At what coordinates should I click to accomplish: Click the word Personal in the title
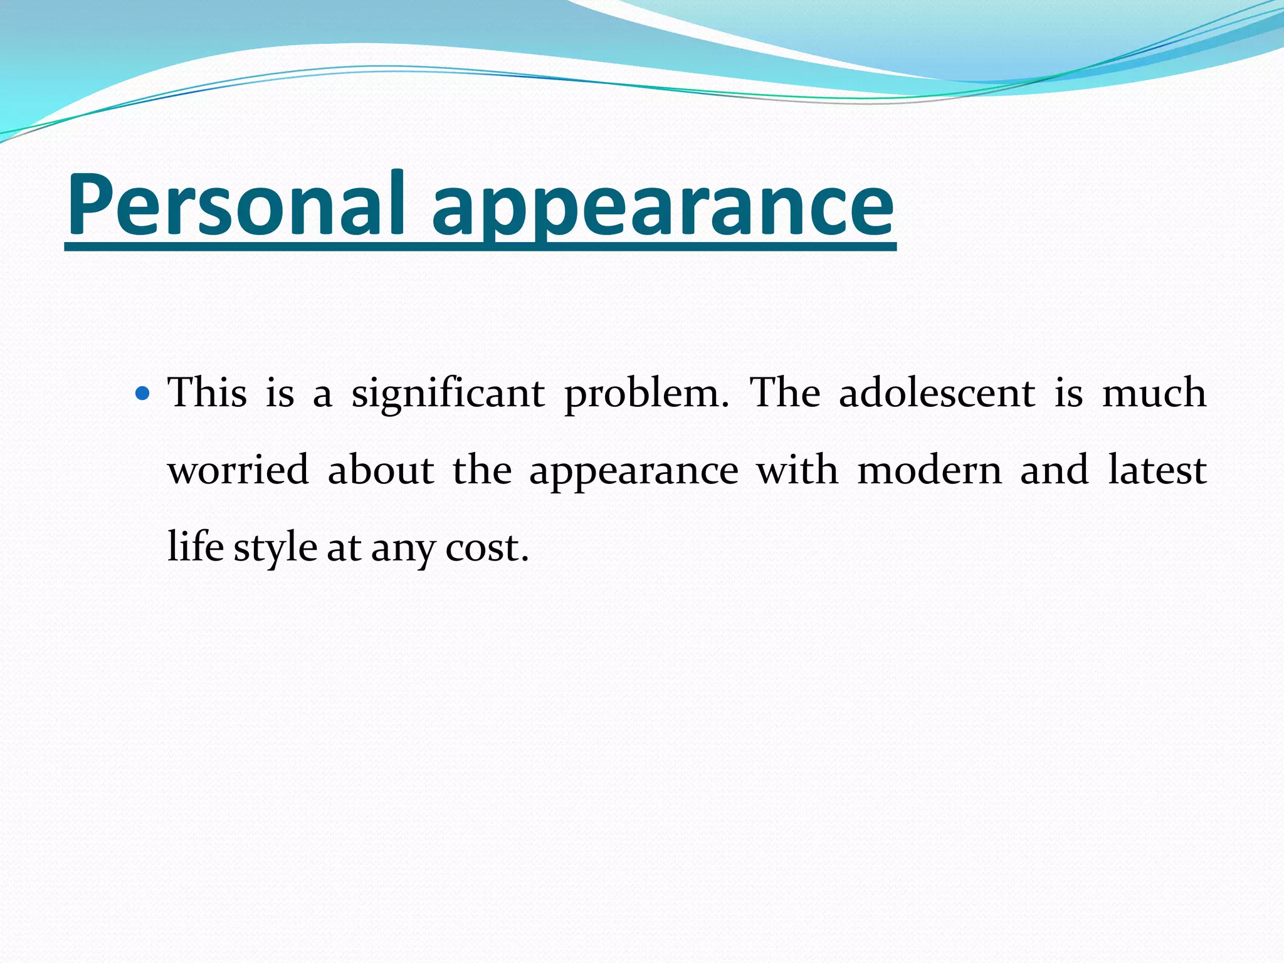tap(236, 204)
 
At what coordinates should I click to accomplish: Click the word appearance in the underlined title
tap(663, 207)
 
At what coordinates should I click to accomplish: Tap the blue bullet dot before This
tap(144, 394)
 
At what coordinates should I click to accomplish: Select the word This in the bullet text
tap(208, 393)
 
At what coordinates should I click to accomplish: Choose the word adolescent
tap(937, 393)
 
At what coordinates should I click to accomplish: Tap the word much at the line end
tap(1154, 393)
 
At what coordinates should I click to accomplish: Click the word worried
tap(239, 470)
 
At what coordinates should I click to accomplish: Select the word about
tap(381, 470)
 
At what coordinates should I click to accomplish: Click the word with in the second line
tap(797, 470)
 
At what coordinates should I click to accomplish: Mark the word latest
tap(1157, 470)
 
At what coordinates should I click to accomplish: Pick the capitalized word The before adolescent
tap(785, 393)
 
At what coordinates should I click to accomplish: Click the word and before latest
tap(1054, 470)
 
